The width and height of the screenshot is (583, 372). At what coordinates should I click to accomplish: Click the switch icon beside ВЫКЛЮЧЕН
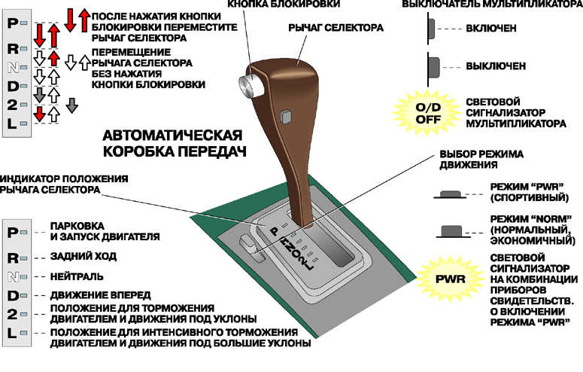pyautogui.click(x=433, y=66)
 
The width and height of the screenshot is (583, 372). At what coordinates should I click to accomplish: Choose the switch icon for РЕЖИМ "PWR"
pyautogui.click(x=451, y=194)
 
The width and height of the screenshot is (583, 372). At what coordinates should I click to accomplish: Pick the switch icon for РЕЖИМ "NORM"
pyautogui.click(x=451, y=229)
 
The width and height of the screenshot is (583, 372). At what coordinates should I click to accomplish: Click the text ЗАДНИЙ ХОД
pyautogui.click(x=84, y=256)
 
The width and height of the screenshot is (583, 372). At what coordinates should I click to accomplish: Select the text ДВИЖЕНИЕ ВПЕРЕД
pyautogui.click(x=100, y=294)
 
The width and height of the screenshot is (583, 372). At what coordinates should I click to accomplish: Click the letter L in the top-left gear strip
pyautogui.click(x=12, y=123)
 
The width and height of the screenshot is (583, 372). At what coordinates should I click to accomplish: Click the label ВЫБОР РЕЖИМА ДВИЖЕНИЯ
pyautogui.click(x=476, y=158)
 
